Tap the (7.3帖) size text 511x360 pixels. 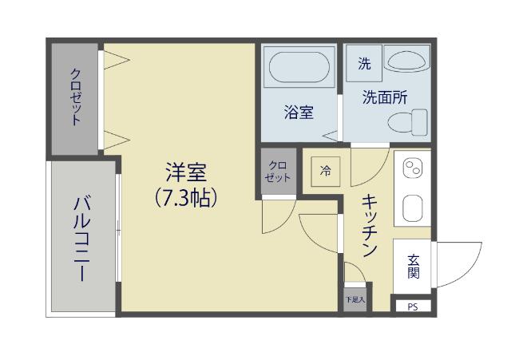pyautogui.click(x=187, y=196)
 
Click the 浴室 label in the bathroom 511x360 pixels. pyautogui.click(x=298, y=113)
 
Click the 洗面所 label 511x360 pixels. pyautogui.click(x=385, y=97)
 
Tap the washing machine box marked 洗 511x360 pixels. pyautogui.click(x=364, y=65)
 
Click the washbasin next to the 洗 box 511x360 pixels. pyautogui.click(x=406, y=58)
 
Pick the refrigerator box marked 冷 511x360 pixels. pyautogui.click(x=325, y=170)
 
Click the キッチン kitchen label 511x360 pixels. pyautogui.click(x=369, y=227)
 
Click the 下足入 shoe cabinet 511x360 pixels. pyautogui.click(x=355, y=300)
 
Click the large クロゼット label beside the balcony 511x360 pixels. pyautogui.click(x=76, y=97)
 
